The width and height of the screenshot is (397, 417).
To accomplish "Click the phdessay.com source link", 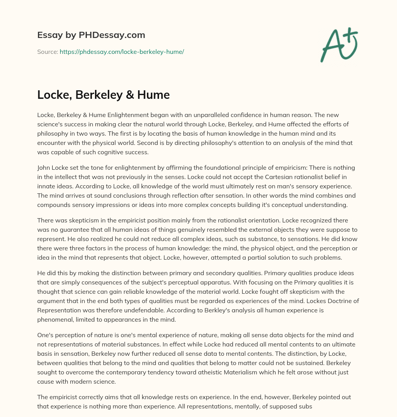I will [121, 52].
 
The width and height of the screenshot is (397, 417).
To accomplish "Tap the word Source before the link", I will [47, 52].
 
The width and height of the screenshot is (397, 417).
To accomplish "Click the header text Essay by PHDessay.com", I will [91, 35].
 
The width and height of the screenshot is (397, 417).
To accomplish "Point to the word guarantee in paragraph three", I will [81, 229].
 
